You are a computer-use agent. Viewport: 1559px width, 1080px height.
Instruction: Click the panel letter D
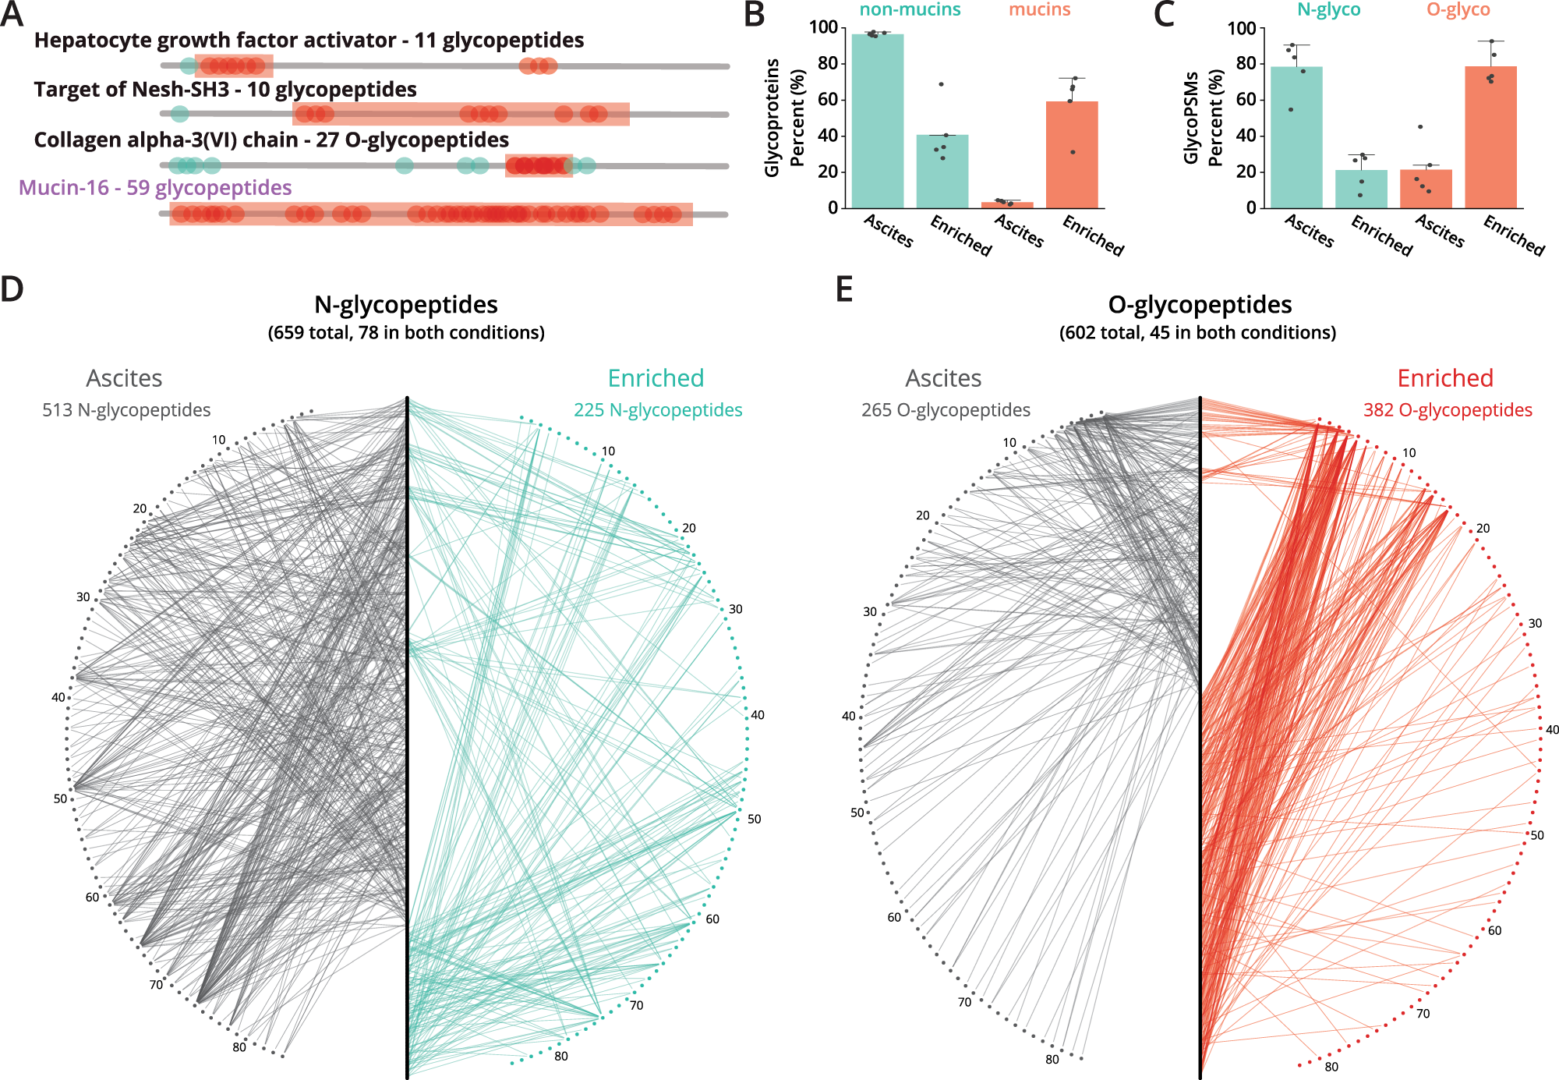pyautogui.click(x=12, y=289)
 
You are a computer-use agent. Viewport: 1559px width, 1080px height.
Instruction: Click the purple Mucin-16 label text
pyautogui.click(x=155, y=188)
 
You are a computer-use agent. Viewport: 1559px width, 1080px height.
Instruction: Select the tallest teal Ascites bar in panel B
pyautogui.click(x=877, y=121)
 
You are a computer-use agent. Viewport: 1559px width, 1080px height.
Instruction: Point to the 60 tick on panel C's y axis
pyautogui.click(x=1245, y=99)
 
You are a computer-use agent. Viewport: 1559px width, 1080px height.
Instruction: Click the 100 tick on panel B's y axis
pyautogui.click(x=823, y=27)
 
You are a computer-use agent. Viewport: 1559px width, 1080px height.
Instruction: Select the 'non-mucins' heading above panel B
pyautogui.click(x=909, y=10)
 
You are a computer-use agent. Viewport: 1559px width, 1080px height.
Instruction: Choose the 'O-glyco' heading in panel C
pyautogui.click(x=1458, y=10)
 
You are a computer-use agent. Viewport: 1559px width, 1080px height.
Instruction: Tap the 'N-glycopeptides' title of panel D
pyautogui.click(x=405, y=305)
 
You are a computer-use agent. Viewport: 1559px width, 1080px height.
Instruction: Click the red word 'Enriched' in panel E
pyautogui.click(x=1444, y=378)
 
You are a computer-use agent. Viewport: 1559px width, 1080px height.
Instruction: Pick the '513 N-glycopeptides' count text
pyautogui.click(x=126, y=410)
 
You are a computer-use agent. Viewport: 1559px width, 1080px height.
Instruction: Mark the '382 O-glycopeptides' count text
pyautogui.click(x=1447, y=410)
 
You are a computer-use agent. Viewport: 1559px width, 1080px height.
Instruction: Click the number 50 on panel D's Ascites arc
pyautogui.click(x=60, y=798)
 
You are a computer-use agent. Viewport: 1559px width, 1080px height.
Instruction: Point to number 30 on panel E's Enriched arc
pyautogui.click(x=1534, y=623)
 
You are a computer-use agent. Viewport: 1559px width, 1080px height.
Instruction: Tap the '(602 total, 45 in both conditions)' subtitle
pyautogui.click(x=1197, y=333)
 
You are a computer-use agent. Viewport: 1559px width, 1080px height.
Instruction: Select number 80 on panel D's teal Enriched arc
pyautogui.click(x=560, y=1056)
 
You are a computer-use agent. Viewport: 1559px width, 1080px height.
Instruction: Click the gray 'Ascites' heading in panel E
pyautogui.click(x=942, y=378)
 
